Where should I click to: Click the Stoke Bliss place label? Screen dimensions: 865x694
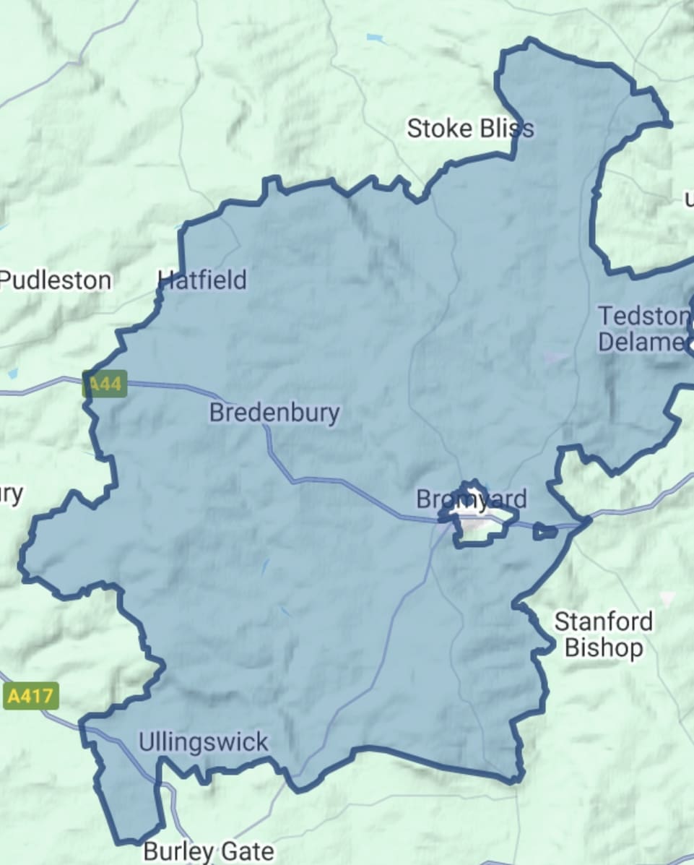coord(470,129)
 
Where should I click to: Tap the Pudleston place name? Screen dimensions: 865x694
coord(56,280)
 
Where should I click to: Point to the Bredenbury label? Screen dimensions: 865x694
coord(274,413)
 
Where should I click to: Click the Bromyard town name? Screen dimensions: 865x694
coord(472,499)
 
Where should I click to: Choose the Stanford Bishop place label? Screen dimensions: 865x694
coord(604,634)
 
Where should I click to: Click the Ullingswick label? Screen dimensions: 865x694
coord(203,742)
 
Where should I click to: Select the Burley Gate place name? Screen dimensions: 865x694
coord(209,851)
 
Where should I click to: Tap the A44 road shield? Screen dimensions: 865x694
coord(105,383)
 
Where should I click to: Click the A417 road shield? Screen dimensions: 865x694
coord(30,697)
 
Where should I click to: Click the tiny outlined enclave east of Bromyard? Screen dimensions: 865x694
coord(545,532)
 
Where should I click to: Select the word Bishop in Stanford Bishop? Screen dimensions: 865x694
coord(604,648)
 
